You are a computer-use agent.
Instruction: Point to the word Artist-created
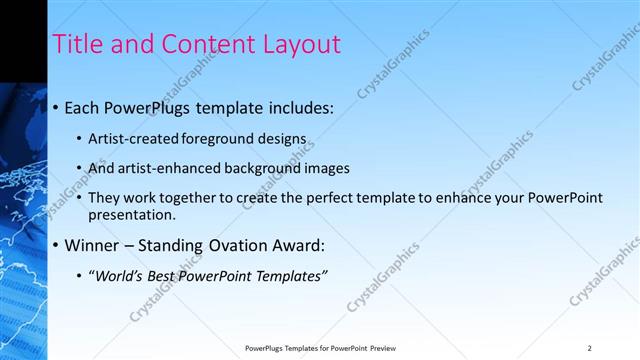coord(129,138)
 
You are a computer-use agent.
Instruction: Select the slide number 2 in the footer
coord(590,348)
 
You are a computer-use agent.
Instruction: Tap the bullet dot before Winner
coord(55,246)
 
